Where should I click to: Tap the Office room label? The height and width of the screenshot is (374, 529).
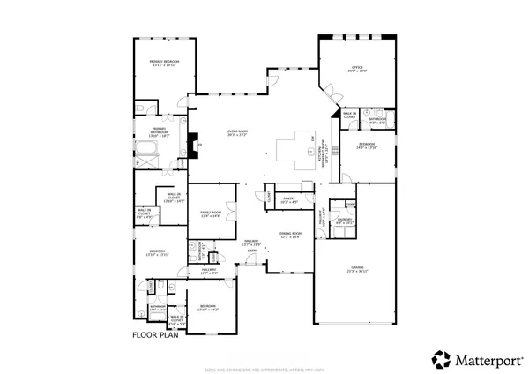(x=356, y=68)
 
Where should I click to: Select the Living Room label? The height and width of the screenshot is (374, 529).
(x=236, y=134)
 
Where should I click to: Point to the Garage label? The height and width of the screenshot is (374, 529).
(x=355, y=270)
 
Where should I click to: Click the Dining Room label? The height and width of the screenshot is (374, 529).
(x=290, y=236)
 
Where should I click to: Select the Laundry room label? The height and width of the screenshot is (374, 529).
(x=344, y=221)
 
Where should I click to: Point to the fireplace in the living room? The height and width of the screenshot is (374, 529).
(x=193, y=143)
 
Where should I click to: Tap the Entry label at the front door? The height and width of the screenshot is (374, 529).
(x=252, y=251)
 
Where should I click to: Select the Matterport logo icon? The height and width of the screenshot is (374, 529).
(x=438, y=359)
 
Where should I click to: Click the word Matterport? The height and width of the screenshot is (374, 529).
(x=482, y=359)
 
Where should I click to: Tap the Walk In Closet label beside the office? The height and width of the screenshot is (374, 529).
(x=349, y=115)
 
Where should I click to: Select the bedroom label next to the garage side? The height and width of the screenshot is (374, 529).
(x=367, y=146)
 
